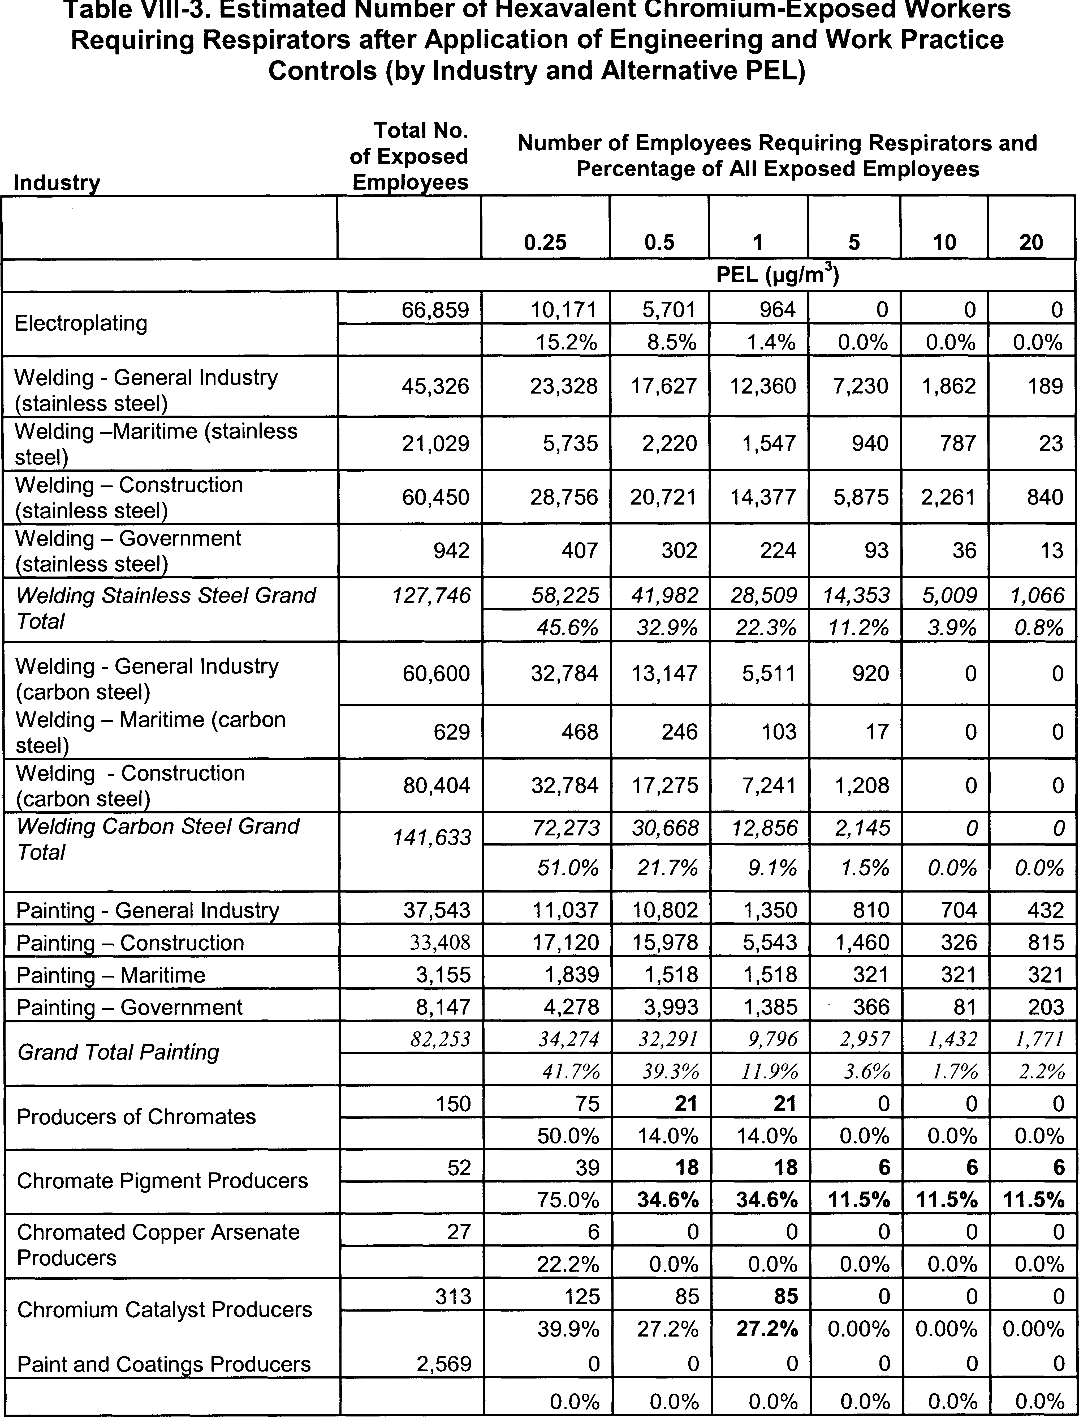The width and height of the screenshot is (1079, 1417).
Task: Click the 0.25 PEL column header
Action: click(x=545, y=242)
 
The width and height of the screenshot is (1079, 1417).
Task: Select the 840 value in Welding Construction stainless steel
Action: click(x=1045, y=497)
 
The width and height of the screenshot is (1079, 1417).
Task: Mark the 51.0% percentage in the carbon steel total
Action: click(x=568, y=868)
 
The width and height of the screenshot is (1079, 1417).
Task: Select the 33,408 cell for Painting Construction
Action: click(x=440, y=943)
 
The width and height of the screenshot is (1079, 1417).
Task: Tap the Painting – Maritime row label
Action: click(x=110, y=975)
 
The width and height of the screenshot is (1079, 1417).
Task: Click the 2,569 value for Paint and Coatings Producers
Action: click(x=444, y=1364)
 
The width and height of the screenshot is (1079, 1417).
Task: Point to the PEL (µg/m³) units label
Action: click(x=778, y=276)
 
